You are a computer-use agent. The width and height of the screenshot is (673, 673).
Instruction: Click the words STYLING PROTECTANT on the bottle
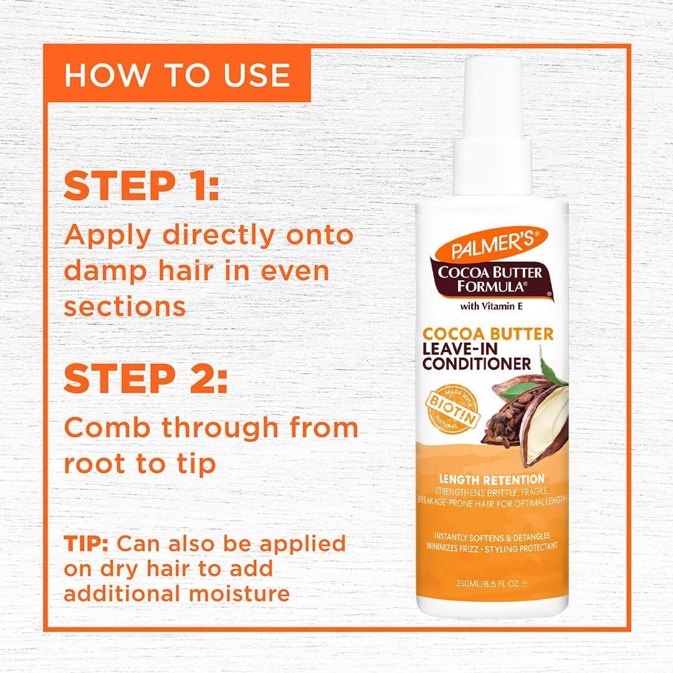point(527,547)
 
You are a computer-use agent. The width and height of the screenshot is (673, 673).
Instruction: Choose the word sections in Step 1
point(125,307)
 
